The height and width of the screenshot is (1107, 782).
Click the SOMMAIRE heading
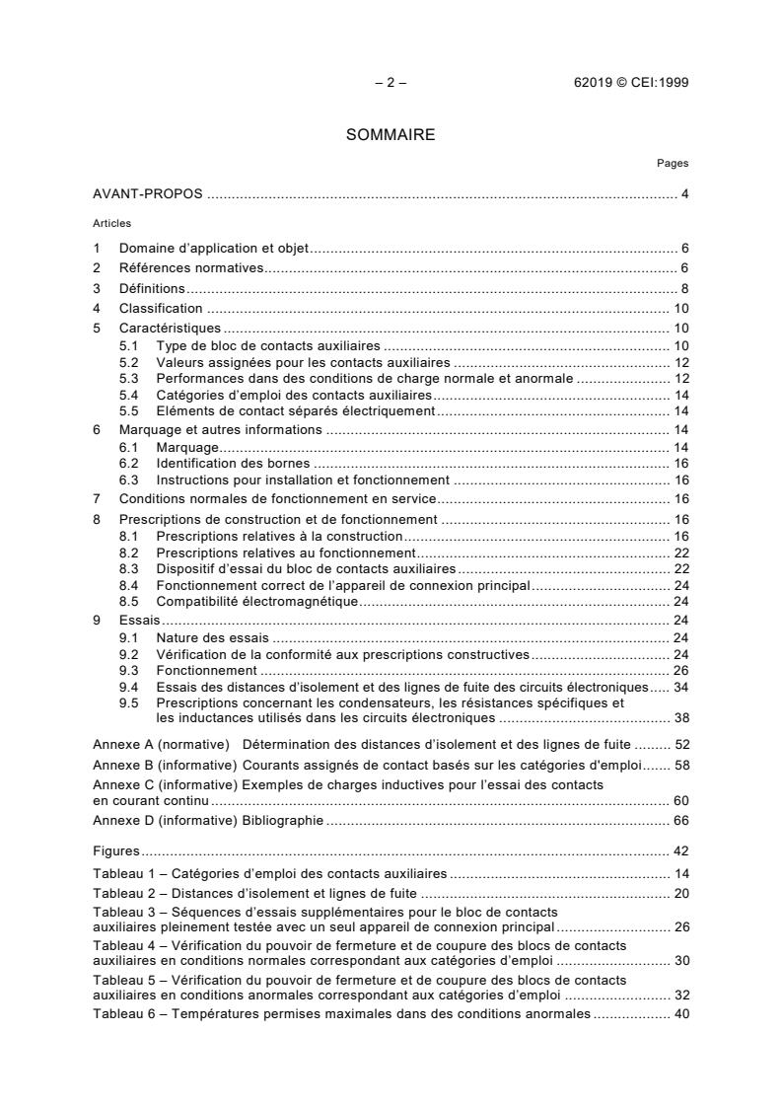pyautogui.click(x=391, y=135)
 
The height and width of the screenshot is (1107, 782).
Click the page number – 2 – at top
pyautogui.click(x=391, y=83)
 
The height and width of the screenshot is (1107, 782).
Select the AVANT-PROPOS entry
pyautogui.click(x=148, y=193)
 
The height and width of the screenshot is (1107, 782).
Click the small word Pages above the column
pyautogui.click(x=673, y=164)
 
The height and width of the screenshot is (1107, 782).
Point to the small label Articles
pyautogui.click(x=111, y=223)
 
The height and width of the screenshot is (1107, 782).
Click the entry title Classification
pyautogui.click(x=161, y=309)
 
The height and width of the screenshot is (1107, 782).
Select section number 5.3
pyautogui.click(x=129, y=378)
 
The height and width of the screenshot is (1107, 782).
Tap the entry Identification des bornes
pyautogui.click(x=233, y=464)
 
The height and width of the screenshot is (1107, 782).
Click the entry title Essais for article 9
pyautogui.click(x=139, y=620)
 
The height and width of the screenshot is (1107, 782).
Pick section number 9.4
pyautogui.click(x=129, y=686)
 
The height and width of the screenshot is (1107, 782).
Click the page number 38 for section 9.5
pyautogui.click(x=680, y=717)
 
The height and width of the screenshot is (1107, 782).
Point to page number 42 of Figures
pyautogui.click(x=680, y=851)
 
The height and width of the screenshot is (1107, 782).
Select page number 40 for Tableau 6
pyautogui.click(x=680, y=1013)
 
